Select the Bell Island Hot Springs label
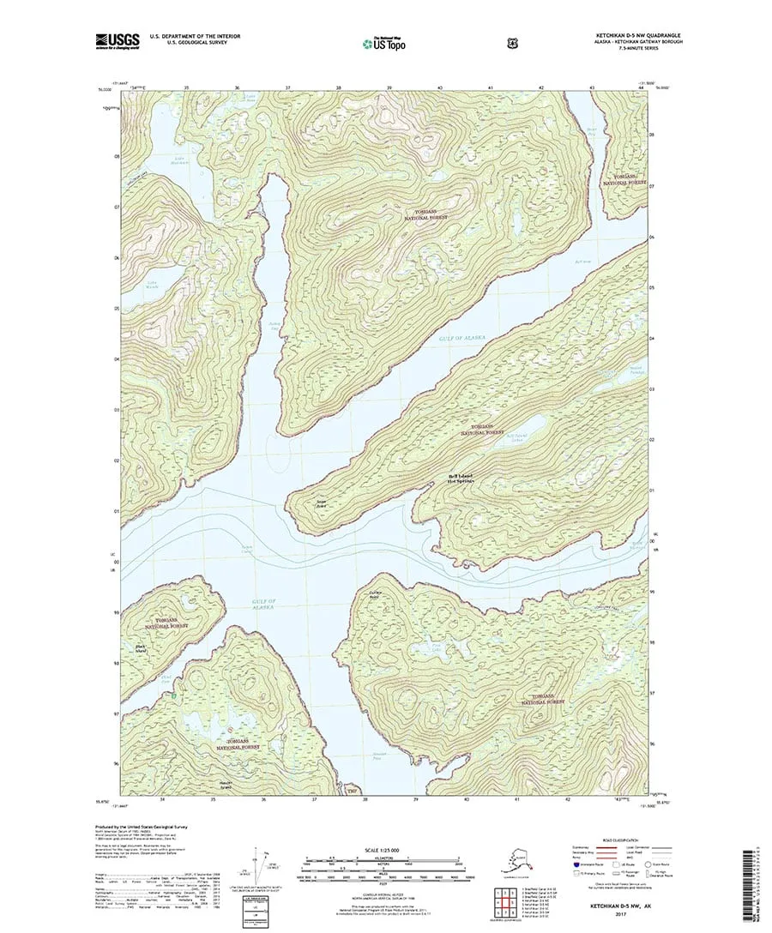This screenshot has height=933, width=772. [x=460, y=479]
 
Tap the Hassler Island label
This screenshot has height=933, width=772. [x=226, y=783]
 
